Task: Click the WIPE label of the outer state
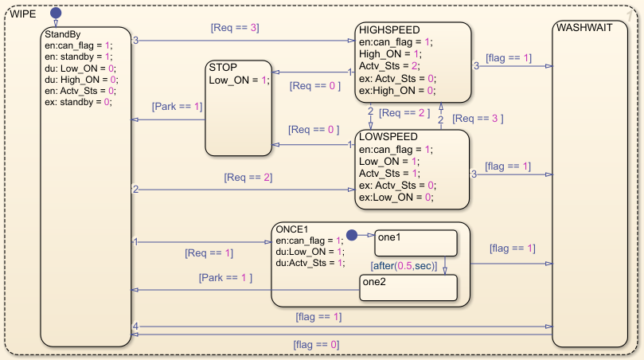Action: [23, 14]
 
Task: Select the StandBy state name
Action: [62, 34]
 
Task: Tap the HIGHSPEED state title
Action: [389, 30]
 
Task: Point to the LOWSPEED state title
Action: [388, 136]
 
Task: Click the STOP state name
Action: [223, 68]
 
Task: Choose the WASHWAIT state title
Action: [584, 28]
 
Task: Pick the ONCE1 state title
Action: [292, 229]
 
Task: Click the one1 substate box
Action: [416, 243]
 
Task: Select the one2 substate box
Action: [408, 288]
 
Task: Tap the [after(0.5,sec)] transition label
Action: [404, 266]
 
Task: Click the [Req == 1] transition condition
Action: [209, 252]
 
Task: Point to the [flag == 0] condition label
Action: [316, 344]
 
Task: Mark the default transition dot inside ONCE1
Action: [352, 235]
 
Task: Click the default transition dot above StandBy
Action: [56, 14]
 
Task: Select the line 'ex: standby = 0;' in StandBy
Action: [78, 102]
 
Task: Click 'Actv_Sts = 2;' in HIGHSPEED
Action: [389, 66]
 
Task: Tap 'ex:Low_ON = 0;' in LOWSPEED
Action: [396, 198]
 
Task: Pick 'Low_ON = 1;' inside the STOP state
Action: [239, 80]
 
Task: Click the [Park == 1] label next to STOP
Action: [177, 107]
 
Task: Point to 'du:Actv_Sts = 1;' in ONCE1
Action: [310, 263]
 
